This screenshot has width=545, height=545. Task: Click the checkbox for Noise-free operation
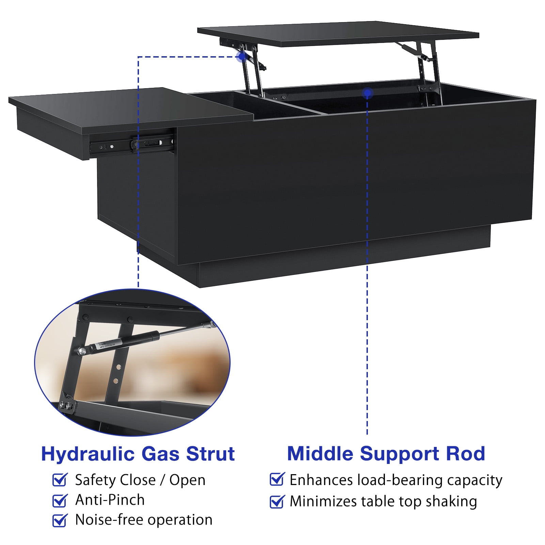pyautogui.click(x=60, y=520)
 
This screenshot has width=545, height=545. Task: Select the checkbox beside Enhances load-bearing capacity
pyautogui.click(x=277, y=479)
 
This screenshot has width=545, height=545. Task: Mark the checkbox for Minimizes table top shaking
pyautogui.click(x=277, y=501)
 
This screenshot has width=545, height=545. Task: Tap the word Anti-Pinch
pyautogui.click(x=110, y=500)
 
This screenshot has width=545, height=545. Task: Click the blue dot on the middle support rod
pyautogui.click(x=367, y=93)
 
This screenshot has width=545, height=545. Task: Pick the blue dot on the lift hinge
pyautogui.click(x=242, y=57)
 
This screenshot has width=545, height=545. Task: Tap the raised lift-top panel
pyautogui.click(x=337, y=34)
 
